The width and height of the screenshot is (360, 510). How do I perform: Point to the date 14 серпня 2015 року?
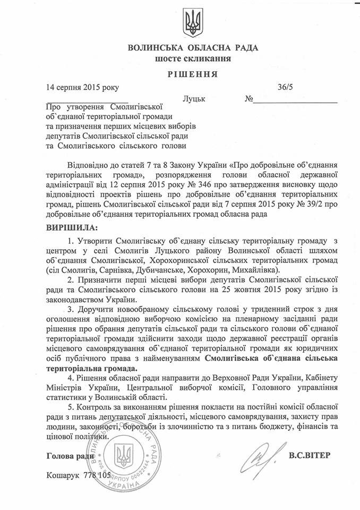(x=82, y=87)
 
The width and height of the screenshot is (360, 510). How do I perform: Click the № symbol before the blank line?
(x=248, y=99)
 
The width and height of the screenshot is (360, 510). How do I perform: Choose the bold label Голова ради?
(x=71, y=456)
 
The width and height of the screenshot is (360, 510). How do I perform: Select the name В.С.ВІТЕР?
(x=313, y=455)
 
